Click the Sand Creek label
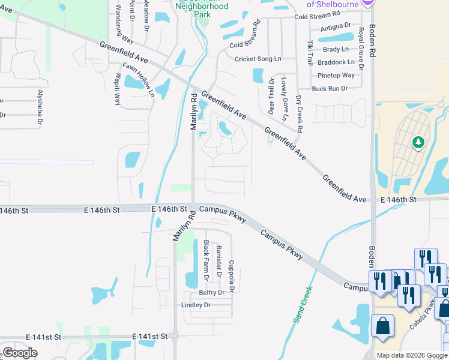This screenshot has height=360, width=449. click(304, 305)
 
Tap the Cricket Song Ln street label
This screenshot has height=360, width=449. click(258, 59)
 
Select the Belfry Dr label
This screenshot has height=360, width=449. click(211, 293)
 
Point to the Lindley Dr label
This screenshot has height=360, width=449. click(196, 305)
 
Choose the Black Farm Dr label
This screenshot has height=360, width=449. click(206, 260)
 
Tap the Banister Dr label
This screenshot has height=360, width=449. click(219, 260)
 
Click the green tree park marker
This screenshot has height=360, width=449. click(418, 143)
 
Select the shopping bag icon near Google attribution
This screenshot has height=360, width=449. click(382, 326)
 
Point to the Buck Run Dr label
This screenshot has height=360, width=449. click(330, 89)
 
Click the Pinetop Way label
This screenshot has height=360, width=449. click(336, 76)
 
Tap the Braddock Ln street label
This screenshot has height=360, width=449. click(336, 62)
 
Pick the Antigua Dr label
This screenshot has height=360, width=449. click(336, 26)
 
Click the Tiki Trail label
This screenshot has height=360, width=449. click(310, 53)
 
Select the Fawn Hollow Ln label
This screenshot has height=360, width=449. click(139, 80)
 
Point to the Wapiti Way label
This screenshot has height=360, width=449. click(117, 89)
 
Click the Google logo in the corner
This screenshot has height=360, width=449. click(20, 352)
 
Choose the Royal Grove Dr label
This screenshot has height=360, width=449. click(361, 48)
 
